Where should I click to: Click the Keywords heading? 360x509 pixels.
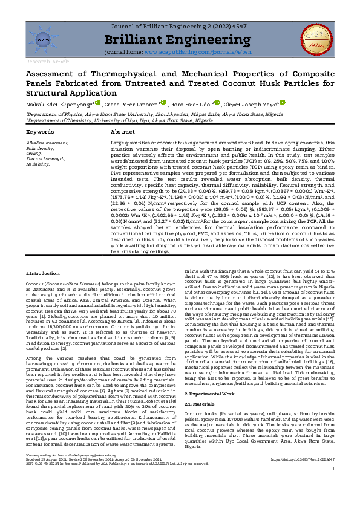(x=40, y=131)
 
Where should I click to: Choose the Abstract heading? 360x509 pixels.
(x=123, y=131)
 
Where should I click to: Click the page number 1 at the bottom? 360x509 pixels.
(x=333, y=486)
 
